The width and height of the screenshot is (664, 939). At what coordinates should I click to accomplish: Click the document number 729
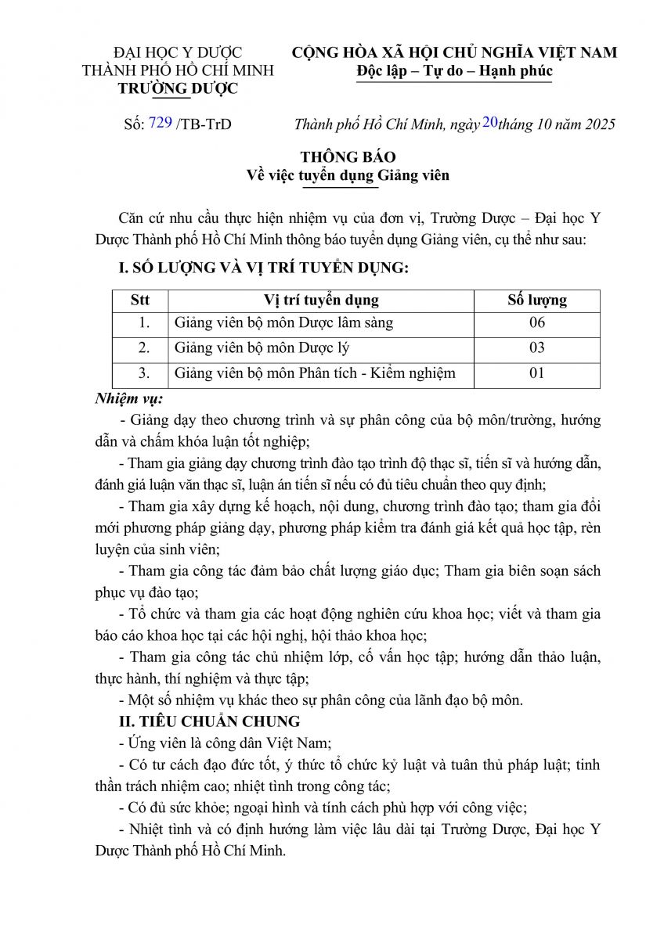(160, 122)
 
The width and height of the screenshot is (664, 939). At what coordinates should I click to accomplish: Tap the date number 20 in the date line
(490, 121)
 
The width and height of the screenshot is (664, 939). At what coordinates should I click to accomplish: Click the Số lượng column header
(536, 300)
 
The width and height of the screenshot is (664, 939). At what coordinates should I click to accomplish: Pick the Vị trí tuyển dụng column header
(321, 300)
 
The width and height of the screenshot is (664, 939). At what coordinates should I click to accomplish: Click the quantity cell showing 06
(536, 322)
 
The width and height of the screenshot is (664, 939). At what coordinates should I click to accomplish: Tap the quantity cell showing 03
(536, 347)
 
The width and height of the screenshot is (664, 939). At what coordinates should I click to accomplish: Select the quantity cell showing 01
(536, 372)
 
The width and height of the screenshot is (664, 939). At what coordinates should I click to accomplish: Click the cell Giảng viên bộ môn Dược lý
(250, 347)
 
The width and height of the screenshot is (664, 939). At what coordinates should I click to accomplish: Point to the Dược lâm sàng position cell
(283, 322)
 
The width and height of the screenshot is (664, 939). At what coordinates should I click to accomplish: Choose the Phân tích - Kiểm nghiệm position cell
(315, 372)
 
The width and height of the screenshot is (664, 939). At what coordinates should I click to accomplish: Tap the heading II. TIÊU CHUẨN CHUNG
(208, 721)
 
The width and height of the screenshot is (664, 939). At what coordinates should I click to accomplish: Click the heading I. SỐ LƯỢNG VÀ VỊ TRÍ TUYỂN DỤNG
(262, 268)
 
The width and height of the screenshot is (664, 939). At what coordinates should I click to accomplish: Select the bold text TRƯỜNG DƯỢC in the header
(178, 88)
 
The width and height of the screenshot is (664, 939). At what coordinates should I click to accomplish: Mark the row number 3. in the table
(143, 372)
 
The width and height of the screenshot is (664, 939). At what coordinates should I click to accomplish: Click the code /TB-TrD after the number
(204, 124)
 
